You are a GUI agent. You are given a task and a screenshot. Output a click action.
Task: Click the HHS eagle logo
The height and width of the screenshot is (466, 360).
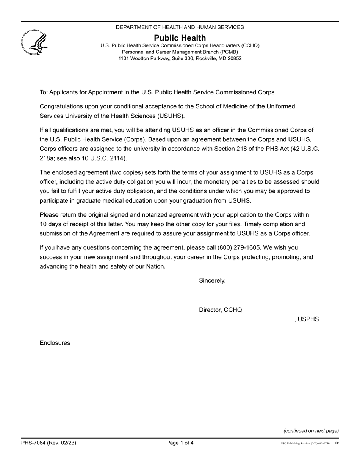point(34,43)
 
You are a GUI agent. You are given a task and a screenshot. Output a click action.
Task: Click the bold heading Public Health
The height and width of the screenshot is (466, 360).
point(180,38)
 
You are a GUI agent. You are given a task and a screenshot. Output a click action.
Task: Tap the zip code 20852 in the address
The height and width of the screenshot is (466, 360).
point(233,59)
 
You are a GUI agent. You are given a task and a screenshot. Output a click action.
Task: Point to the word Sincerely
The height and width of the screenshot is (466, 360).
point(212,281)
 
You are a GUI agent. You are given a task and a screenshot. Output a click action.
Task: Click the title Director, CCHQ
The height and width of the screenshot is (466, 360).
point(220,310)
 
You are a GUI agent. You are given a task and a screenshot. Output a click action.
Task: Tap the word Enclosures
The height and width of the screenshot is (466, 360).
point(55,343)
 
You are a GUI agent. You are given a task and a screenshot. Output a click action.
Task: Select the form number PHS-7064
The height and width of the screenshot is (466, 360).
point(33,443)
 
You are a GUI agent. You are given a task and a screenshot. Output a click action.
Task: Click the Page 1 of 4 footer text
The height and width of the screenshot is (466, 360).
point(180,443)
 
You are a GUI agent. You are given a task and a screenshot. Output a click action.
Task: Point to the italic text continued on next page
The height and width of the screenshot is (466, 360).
point(311,431)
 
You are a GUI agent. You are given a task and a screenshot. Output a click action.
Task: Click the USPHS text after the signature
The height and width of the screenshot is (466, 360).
point(308,319)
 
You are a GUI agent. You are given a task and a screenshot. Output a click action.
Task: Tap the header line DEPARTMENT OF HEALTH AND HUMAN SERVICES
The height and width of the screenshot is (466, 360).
point(180,27)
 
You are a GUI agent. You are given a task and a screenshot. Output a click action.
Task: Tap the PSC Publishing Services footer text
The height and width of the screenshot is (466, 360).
point(305,443)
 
